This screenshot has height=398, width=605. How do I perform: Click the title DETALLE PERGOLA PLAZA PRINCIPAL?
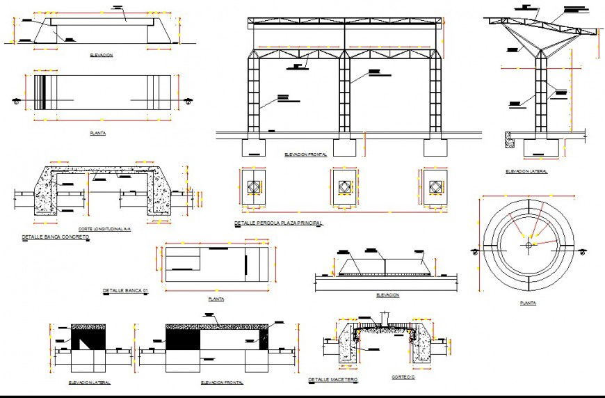pyautogui.click(x=278, y=224)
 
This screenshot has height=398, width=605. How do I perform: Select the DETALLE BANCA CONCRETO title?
pyautogui.click(x=56, y=237)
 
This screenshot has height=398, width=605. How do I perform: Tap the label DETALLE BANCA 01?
pyautogui.click(x=126, y=290)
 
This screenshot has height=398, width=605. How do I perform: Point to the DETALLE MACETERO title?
pyautogui.click(x=332, y=380)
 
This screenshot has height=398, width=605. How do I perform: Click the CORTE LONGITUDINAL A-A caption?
pyautogui.click(x=105, y=229)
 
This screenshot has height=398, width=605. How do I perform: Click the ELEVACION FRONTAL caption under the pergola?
pyautogui.click(x=305, y=154)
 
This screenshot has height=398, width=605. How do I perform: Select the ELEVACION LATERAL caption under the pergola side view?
pyautogui.click(x=526, y=170)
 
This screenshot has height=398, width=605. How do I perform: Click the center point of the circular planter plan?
pyautogui.click(x=529, y=244)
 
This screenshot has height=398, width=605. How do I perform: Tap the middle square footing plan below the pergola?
pyautogui.click(x=344, y=187)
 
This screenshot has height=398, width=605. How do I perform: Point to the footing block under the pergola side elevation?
pyautogui.click(x=542, y=148)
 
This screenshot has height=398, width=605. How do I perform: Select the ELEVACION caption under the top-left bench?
pyautogui.click(x=102, y=54)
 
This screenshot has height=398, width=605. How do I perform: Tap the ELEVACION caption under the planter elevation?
pyautogui.click(x=387, y=295)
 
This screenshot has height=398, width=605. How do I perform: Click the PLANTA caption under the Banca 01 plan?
pyautogui.click(x=216, y=299)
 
